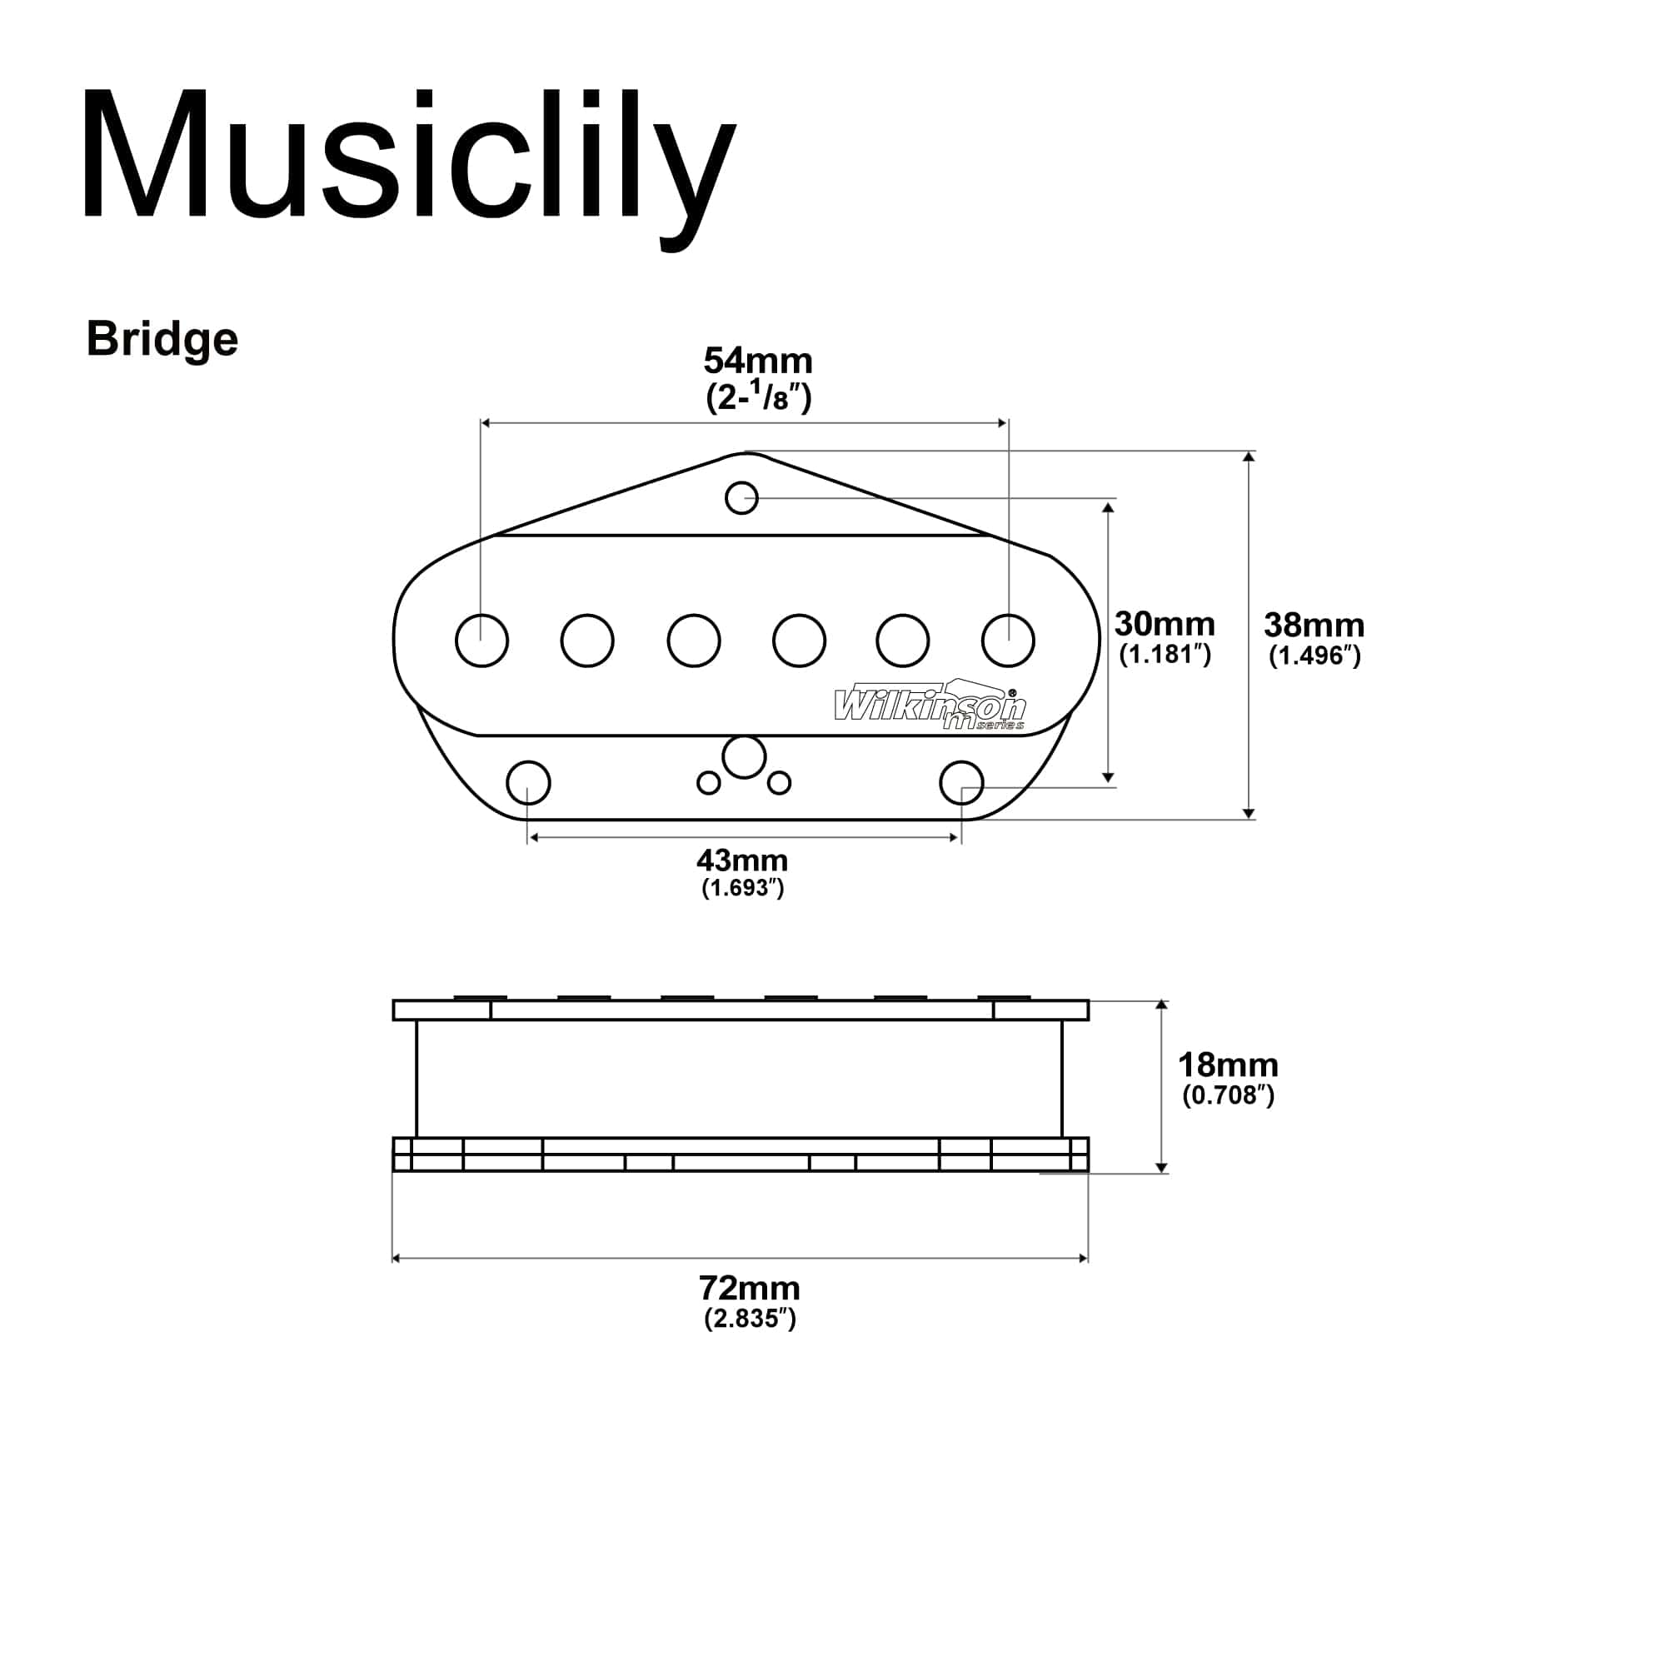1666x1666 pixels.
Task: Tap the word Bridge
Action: [x=162, y=340]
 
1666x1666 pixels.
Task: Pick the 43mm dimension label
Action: [x=742, y=860]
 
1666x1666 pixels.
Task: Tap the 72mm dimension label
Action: [x=750, y=1289]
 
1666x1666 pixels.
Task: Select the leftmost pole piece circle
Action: [x=482, y=641]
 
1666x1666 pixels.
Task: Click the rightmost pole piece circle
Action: [x=1008, y=641]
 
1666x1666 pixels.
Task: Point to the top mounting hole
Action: [x=741, y=497]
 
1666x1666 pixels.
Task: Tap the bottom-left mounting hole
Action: [x=529, y=783]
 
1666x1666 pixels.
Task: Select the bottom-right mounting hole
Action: [x=961, y=783]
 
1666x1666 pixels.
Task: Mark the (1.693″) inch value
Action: [x=742, y=888]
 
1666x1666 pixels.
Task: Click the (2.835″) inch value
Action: [x=750, y=1319]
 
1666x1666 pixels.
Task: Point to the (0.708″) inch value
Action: [x=1228, y=1095]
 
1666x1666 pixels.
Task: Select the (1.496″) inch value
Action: [x=1314, y=656]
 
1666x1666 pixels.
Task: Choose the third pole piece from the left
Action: [x=694, y=641]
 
